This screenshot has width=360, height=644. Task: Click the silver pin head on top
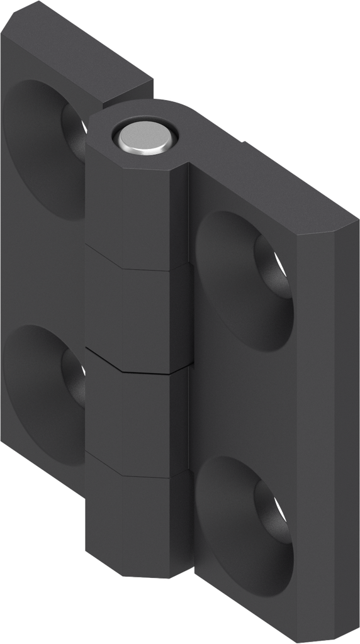tap(143, 137)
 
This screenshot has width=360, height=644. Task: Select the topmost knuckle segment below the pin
tap(135, 208)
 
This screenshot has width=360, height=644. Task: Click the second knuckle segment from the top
tap(135, 308)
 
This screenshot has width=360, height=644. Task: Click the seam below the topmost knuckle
tap(135, 259)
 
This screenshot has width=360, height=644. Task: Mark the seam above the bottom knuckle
tap(135, 470)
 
